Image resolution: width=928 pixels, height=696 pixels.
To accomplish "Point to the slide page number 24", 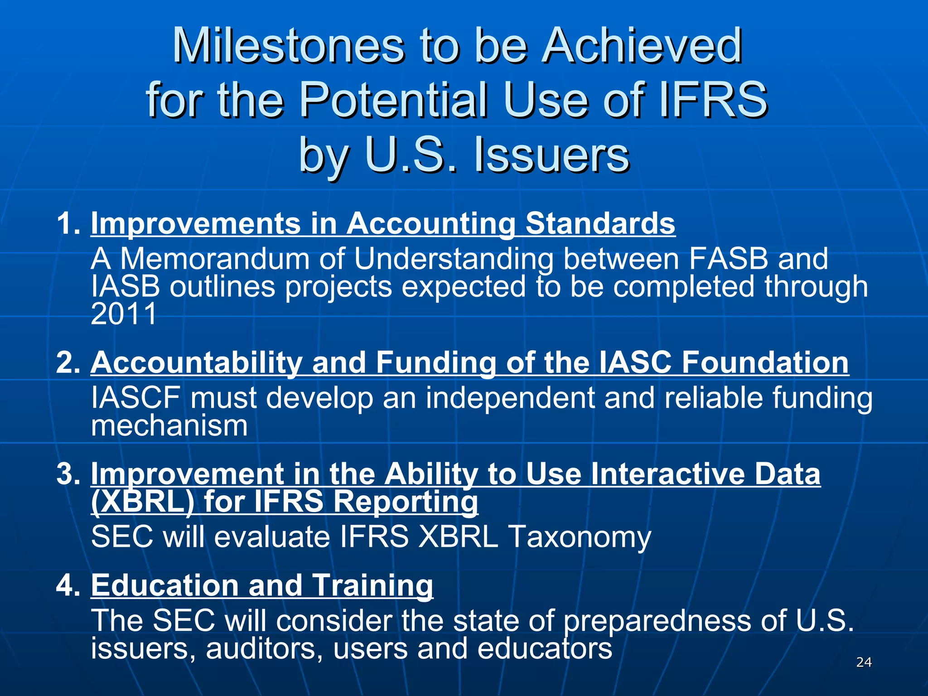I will [x=864, y=662].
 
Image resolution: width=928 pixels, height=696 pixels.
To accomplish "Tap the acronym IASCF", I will [x=136, y=398].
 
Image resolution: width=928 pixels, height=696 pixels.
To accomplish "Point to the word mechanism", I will [x=169, y=426].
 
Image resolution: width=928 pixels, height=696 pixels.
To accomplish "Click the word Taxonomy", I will [x=580, y=537].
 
